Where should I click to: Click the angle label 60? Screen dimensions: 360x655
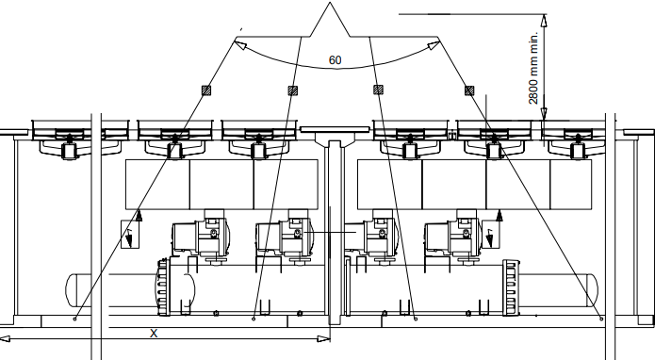335,59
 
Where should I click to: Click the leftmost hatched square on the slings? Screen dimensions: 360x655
205,90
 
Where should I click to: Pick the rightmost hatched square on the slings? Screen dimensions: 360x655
469,90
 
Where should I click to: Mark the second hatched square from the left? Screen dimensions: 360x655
292,90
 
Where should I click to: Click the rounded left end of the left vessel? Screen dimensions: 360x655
71,286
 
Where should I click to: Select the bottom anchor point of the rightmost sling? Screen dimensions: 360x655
601,318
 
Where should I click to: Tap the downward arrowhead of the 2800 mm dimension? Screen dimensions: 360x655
543,114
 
